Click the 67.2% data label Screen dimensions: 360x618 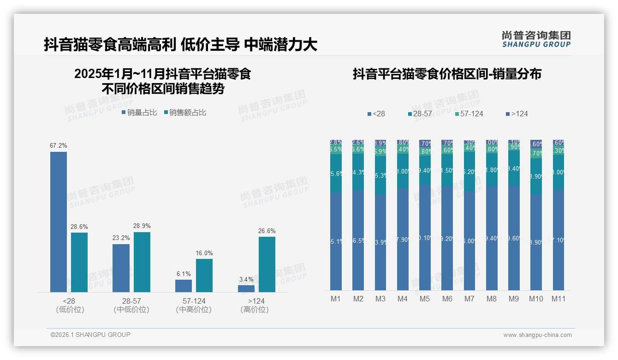pyautogui.click(x=59, y=145)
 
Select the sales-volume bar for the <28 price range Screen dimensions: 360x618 pyautogui.click(x=59, y=222)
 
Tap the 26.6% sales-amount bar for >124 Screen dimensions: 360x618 pyautogui.click(x=267, y=264)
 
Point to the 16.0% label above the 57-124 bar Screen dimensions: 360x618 pyautogui.click(x=204, y=253)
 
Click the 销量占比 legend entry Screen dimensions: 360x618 pyautogui.click(x=139, y=112)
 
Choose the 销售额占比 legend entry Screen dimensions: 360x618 pyautogui.click(x=185, y=112)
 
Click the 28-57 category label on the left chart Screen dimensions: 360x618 pyautogui.click(x=131, y=301)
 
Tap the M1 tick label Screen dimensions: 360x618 pyautogui.click(x=336, y=299)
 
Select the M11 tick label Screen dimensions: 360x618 pyautogui.click(x=559, y=299)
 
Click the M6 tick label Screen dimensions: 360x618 pyautogui.click(x=447, y=299)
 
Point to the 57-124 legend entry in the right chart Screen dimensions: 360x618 pyautogui.click(x=469, y=114)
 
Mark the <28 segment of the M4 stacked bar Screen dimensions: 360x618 pyautogui.click(x=403, y=239)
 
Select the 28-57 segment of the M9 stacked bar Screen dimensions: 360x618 pyautogui.click(x=514, y=168)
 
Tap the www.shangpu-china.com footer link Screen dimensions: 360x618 pyautogui.click(x=537, y=335)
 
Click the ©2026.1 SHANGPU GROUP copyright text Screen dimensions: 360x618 pyautogui.click(x=90, y=335)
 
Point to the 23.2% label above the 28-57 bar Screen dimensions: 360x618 pyautogui.click(x=121, y=238)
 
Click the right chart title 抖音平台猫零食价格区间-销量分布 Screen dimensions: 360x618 pyautogui.click(x=447, y=74)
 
